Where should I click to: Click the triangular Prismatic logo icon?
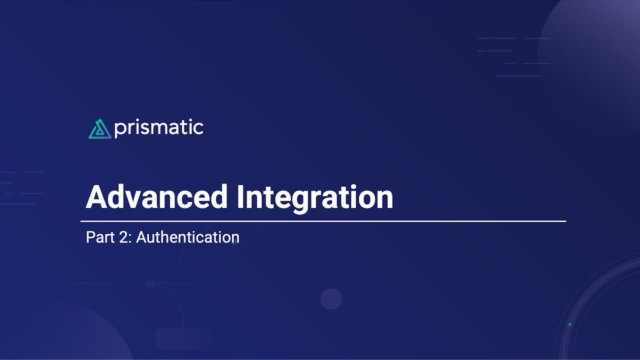pyautogui.click(x=99, y=129)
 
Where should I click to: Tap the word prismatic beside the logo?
pyautogui.click(x=158, y=128)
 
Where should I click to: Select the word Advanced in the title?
pyautogui.click(x=157, y=197)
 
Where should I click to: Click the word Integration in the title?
pyautogui.click(x=315, y=197)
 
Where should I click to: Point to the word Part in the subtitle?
pyautogui.click(x=97, y=237)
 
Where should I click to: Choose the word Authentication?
pyautogui.click(x=187, y=237)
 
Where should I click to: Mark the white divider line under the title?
pyautogui.click(x=323, y=221)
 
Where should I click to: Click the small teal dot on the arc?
pyautogui.click(x=569, y=325)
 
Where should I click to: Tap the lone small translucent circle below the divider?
pyautogui.click(x=331, y=299)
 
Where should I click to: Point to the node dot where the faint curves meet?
pyautogui.click(x=150, y=283)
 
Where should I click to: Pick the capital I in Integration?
pyautogui.click(x=240, y=197)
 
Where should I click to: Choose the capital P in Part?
pyautogui.click(x=90, y=237)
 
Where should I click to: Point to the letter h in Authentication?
pyautogui.click(x=164, y=237)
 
